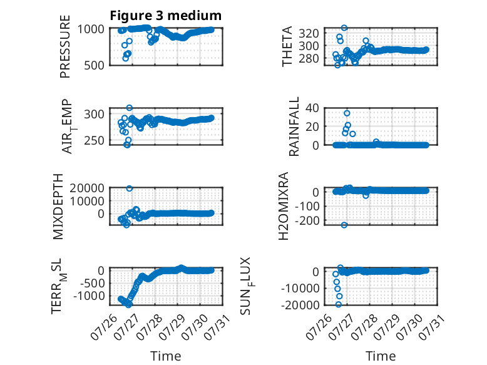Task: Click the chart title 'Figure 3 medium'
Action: point(165,16)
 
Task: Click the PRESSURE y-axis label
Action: point(65,46)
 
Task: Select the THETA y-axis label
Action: point(287,46)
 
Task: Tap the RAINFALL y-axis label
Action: point(294,126)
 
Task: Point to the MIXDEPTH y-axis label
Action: point(58,207)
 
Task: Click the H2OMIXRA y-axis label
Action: point(284,206)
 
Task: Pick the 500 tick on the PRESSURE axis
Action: point(94,65)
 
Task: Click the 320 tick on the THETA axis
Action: point(309,33)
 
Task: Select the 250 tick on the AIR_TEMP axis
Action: point(94,140)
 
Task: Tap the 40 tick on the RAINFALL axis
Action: point(312,108)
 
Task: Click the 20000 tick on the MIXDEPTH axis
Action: point(87,188)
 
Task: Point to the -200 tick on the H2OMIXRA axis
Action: point(307,220)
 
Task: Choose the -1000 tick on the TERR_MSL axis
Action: point(89,296)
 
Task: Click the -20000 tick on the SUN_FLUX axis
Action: point(300,305)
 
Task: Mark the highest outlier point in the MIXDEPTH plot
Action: point(130,188)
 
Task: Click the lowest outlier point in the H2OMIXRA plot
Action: point(344,225)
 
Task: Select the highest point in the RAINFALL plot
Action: point(347,113)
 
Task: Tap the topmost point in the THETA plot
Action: point(344,28)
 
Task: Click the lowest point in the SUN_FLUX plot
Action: point(339,304)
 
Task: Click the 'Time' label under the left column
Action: point(165,356)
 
